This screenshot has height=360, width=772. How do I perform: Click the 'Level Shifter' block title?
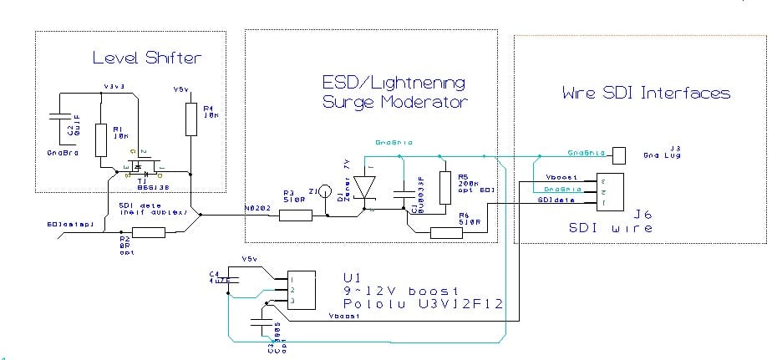(147, 58)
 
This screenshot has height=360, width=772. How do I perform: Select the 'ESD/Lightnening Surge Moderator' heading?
(394, 92)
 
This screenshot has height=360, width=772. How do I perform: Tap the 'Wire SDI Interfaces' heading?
(646, 93)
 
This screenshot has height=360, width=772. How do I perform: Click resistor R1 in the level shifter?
(101, 139)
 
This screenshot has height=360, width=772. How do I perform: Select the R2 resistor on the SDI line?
(149, 233)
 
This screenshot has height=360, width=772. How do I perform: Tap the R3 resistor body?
(296, 215)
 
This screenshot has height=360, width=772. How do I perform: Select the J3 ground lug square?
(619, 155)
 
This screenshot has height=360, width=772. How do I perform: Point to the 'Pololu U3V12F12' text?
(423, 305)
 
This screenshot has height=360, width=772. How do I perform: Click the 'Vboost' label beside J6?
(560, 177)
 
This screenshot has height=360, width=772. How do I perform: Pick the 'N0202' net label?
(256, 205)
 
